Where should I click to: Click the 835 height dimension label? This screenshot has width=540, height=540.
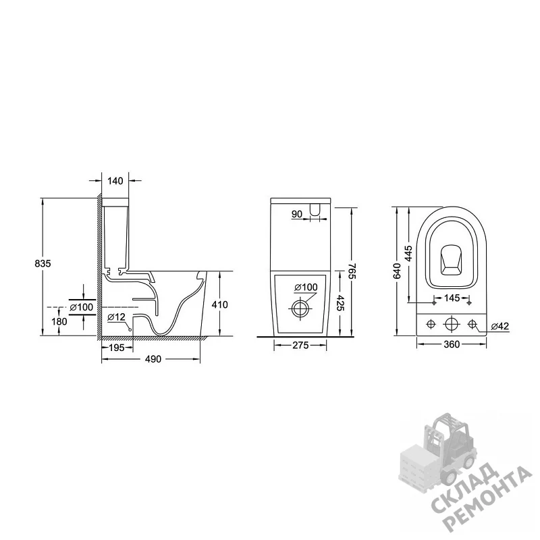pos(43,263)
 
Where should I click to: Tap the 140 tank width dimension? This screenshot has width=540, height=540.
pos(115,181)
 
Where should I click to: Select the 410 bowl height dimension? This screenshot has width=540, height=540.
pos(220,304)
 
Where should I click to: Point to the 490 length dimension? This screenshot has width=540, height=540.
pos(153,359)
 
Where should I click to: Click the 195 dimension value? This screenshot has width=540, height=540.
pos(116,348)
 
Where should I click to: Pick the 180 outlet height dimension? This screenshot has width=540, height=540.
pos(59,321)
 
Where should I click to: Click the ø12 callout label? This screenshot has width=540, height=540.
pos(116,317)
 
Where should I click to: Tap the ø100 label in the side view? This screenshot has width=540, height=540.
pos(81,307)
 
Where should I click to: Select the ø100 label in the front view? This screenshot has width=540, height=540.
pos(306,287)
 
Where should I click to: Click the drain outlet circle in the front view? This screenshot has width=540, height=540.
pos(300,308)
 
